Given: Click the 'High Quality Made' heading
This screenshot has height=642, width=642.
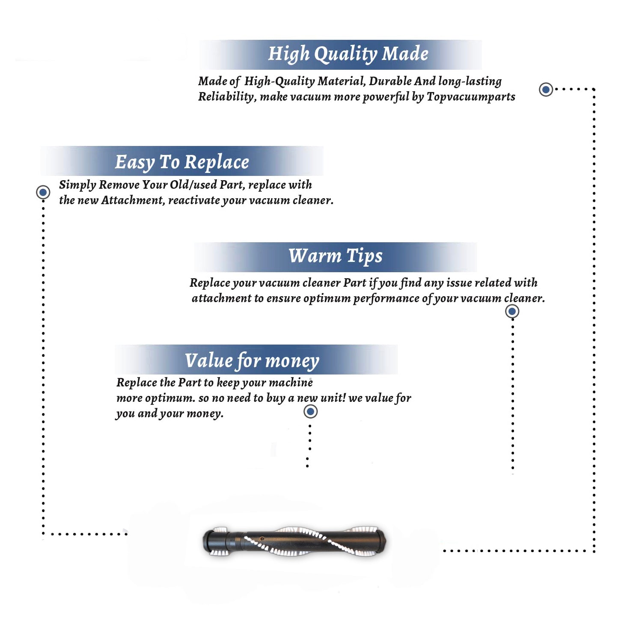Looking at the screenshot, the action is pyautogui.click(x=348, y=54).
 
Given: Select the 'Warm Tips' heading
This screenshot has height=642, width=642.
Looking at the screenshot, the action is pyautogui.click(x=336, y=256).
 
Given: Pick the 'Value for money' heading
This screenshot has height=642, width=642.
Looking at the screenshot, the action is pyautogui.click(x=252, y=361).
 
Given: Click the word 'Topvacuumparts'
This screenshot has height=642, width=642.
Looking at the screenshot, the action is pyautogui.click(x=471, y=97).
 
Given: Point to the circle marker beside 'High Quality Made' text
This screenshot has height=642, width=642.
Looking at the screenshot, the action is pyautogui.click(x=546, y=89).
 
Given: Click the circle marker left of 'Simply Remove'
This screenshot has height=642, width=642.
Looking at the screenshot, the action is pyautogui.click(x=43, y=192).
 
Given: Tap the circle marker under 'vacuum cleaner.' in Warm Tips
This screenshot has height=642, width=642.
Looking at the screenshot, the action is pyautogui.click(x=512, y=311).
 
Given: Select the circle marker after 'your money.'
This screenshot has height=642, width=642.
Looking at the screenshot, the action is pyautogui.click(x=310, y=412).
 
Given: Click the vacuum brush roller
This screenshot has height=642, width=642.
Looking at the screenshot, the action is pyautogui.click(x=294, y=541).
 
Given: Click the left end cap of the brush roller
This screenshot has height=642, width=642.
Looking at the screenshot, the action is pyautogui.click(x=213, y=541).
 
